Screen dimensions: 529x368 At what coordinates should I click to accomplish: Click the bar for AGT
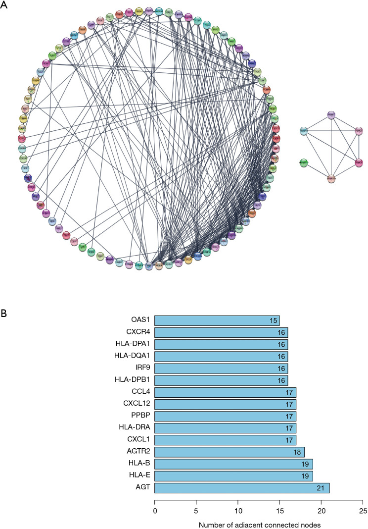[x=242, y=488]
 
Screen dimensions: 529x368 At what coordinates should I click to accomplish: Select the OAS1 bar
[x=217, y=321]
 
